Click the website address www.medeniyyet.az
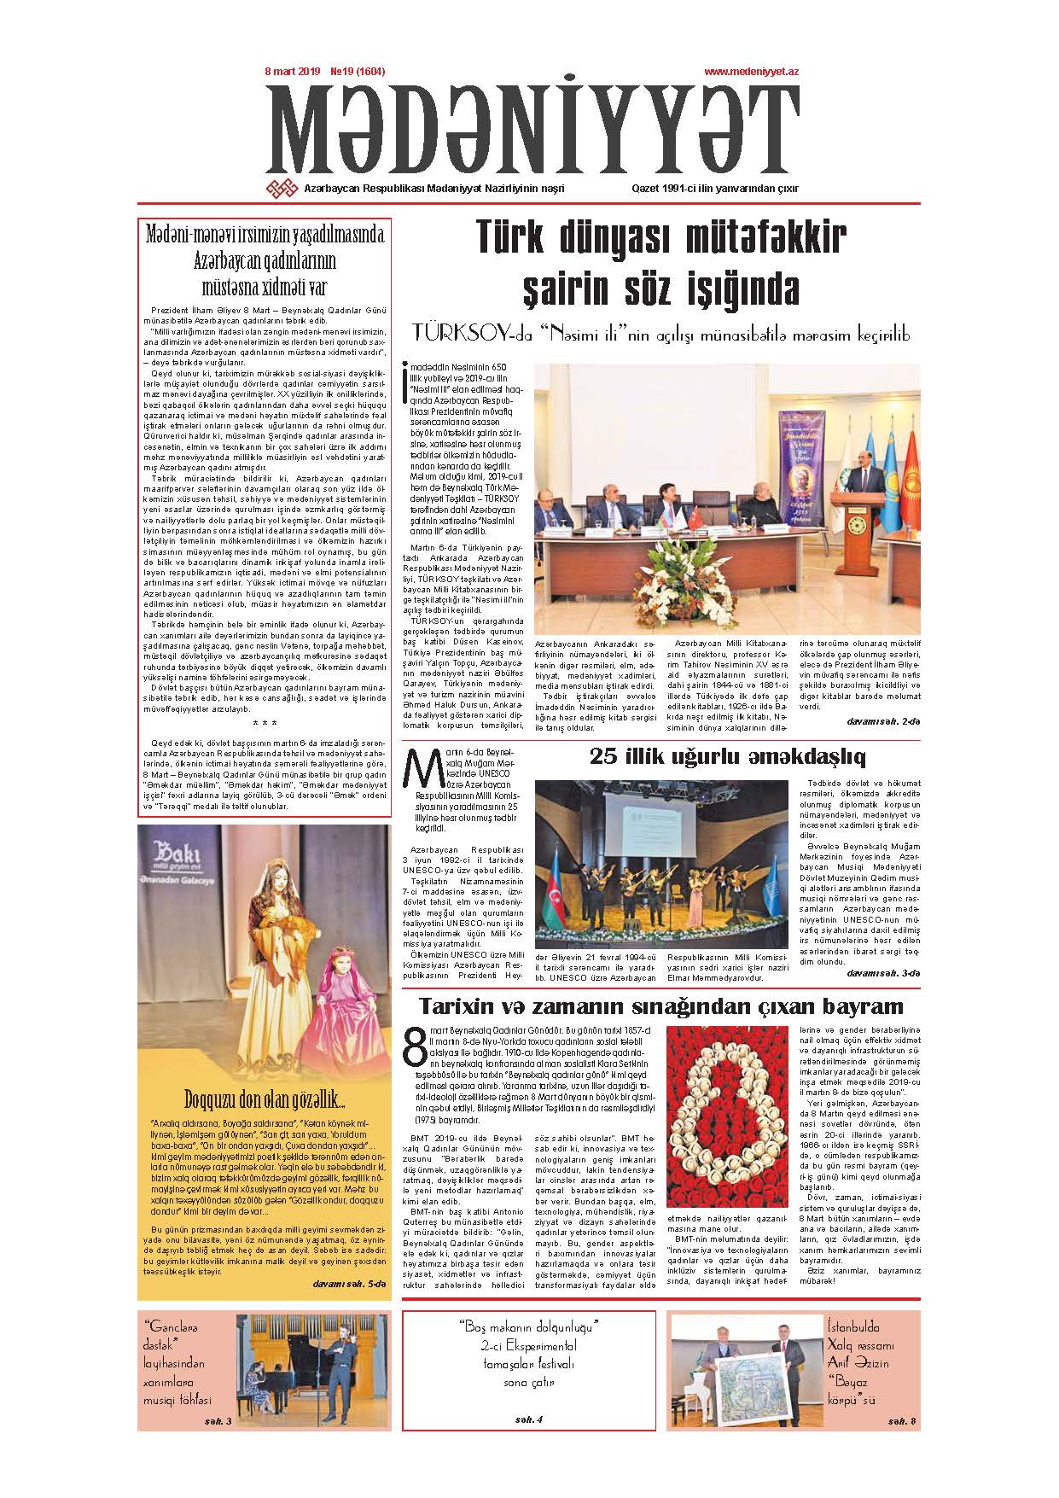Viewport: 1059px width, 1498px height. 750,73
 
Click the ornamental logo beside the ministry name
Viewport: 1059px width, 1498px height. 282,189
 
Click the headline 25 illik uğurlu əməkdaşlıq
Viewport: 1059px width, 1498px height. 727,756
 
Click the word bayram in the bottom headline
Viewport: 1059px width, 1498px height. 861,1005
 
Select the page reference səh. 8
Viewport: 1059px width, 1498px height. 901,1420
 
